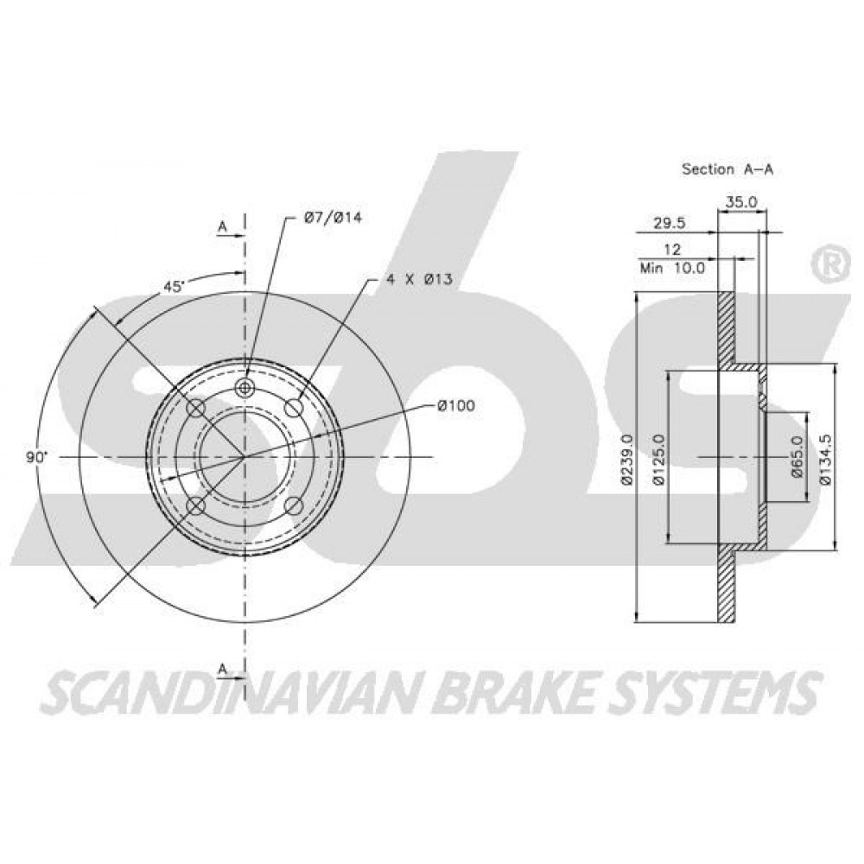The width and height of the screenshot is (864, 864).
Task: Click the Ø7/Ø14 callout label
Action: click(334, 218)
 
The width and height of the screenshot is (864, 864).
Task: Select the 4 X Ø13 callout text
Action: click(419, 279)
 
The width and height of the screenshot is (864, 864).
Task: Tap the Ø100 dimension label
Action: click(455, 406)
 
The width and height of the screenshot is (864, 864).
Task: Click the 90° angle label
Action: click(37, 457)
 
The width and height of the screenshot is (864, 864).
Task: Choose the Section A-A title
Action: click(727, 169)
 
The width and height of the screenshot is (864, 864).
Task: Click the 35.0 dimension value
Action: click(741, 202)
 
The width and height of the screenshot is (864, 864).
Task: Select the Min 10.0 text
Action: click(672, 269)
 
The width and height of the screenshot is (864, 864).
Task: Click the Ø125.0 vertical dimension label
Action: click(659, 459)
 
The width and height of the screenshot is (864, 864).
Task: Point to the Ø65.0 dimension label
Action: click(797, 455)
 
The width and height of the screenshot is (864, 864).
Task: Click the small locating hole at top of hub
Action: click(244, 387)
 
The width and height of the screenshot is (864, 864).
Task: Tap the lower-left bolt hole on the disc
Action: click(195, 505)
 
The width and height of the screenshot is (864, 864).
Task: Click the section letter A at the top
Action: click(223, 226)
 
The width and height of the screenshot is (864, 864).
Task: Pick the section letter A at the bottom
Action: click(223, 669)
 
